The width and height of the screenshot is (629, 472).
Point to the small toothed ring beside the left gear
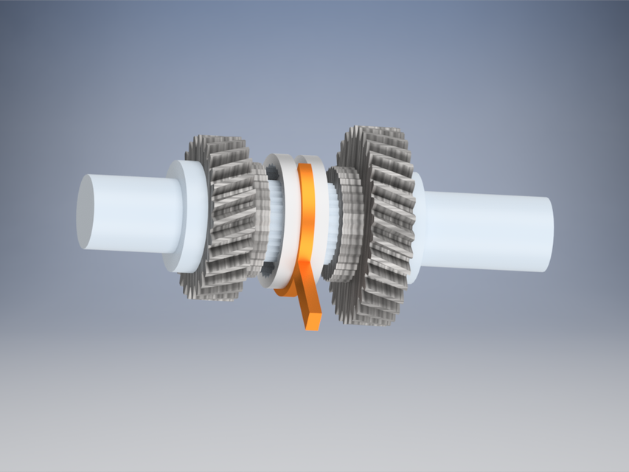tap(260, 221)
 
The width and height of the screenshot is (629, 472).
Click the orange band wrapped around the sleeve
tap(307, 221)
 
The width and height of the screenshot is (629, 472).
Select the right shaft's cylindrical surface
tap(487, 232)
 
